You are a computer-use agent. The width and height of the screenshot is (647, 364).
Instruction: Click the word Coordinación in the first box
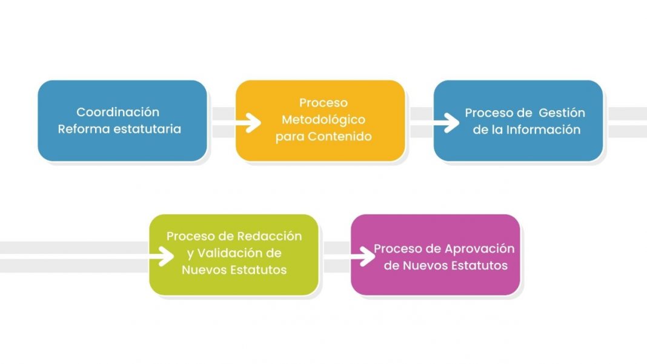point(118,112)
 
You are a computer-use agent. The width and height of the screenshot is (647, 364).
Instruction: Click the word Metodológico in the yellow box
point(323,120)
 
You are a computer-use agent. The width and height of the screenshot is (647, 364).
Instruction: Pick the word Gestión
point(562,113)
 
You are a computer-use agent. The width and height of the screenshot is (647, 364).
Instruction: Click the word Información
point(543,130)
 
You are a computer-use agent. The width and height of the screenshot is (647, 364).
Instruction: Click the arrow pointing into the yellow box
point(236,122)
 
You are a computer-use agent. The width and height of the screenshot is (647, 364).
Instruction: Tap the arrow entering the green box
point(87,256)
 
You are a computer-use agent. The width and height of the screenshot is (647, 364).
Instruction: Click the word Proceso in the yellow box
point(323,103)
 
